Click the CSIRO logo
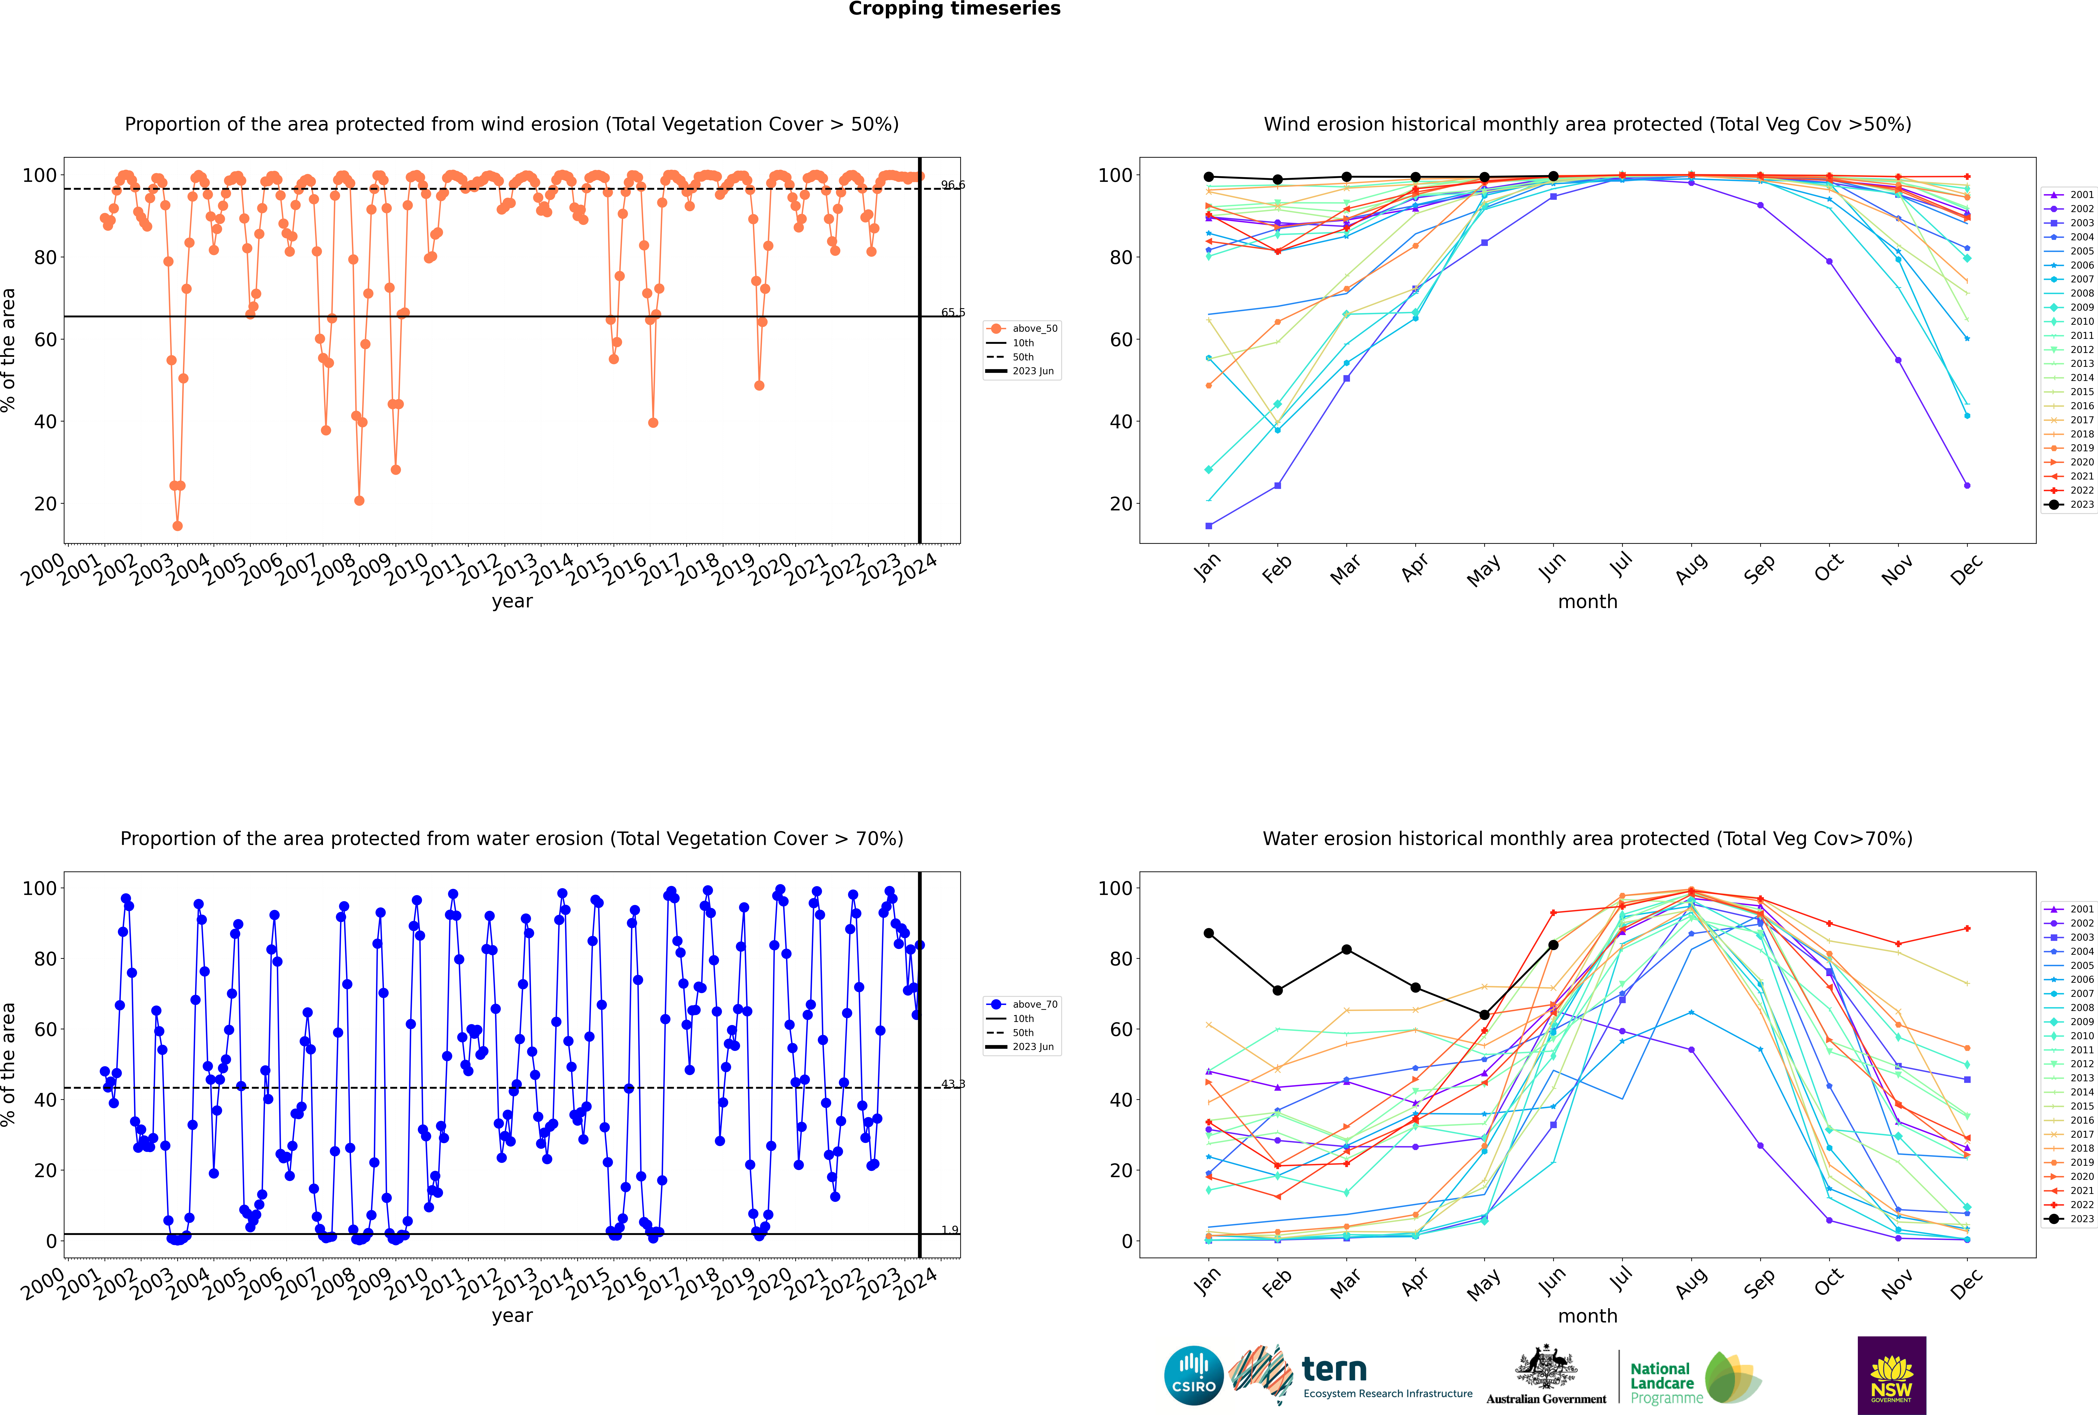click(1193, 1375)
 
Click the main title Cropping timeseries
click(954, 9)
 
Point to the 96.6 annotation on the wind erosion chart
click(952, 185)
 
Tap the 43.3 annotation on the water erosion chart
click(952, 1084)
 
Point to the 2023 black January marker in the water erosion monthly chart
click(1209, 933)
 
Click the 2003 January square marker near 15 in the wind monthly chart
click(1209, 526)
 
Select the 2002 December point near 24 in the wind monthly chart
click(1967, 486)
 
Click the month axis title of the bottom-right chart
click(1587, 1316)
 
